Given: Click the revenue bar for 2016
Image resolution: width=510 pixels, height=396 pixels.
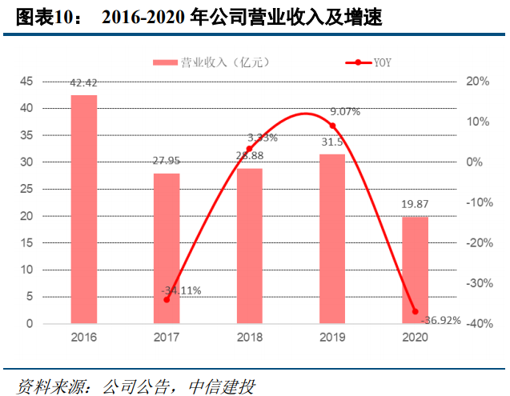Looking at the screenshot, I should tap(84, 210).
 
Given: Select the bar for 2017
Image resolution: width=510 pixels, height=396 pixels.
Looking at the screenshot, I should tap(167, 249).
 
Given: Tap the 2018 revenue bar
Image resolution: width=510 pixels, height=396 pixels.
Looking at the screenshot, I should tap(249, 246).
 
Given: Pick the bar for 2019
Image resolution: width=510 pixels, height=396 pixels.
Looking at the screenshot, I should tap(332, 239).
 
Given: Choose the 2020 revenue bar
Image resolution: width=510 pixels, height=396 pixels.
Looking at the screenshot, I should tap(415, 270).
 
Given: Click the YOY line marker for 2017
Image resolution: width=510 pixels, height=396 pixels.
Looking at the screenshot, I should tap(167, 299).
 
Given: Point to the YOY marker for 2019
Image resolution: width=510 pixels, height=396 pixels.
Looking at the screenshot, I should tap(332, 126).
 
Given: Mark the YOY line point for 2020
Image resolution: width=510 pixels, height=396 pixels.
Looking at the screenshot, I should tap(415, 311).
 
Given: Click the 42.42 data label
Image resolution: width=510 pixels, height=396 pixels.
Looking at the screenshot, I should tap(84, 82).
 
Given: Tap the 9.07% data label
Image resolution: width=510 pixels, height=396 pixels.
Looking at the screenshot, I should tap(344, 112).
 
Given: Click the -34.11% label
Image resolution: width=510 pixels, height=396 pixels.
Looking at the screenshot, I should tap(180, 290).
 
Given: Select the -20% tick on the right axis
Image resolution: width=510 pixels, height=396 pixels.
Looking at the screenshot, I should tap(480, 243).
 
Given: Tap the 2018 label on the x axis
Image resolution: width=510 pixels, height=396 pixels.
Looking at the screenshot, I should tap(249, 338).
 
